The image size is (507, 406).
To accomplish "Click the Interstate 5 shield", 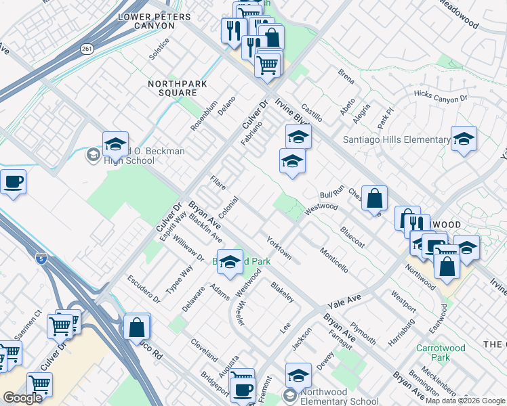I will pos(41,257).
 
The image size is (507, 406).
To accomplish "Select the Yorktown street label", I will pos(279,248).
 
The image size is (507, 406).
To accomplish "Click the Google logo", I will pos(22,398).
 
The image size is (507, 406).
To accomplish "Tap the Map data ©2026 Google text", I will pos(464,401).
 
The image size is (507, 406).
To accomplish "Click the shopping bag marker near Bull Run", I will pos(373,198).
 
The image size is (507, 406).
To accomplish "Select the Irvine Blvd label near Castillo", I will pos(292,118).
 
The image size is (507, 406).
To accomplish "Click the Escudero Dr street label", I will pos(143,289).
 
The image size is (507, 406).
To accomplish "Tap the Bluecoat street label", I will pos(352,237).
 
